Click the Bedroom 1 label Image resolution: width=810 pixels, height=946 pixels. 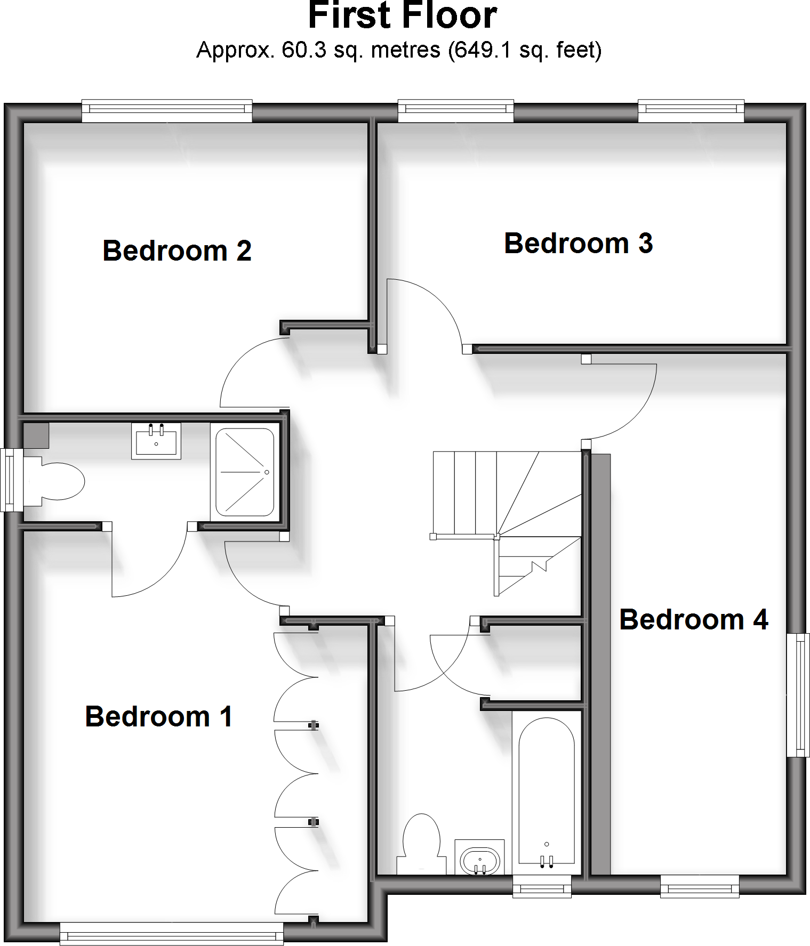[x=159, y=716]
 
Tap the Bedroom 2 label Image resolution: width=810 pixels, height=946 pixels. [x=177, y=250]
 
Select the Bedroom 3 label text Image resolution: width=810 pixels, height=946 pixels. [x=578, y=243]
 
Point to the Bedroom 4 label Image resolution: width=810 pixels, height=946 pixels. [x=693, y=619]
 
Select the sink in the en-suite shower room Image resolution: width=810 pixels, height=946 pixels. [x=156, y=441]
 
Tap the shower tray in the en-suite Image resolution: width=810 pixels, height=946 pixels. [x=245, y=472]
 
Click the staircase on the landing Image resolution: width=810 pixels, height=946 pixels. [x=507, y=512]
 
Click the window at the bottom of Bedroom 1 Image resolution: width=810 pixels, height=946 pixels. [x=172, y=934]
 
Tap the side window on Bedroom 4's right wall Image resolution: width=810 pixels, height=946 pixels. [x=798, y=694]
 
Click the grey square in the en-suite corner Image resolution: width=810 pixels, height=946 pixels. [x=36, y=435]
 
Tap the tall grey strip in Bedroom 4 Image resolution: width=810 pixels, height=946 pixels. [x=601, y=664]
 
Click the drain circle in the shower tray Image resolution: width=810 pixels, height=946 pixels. [x=267, y=472]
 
